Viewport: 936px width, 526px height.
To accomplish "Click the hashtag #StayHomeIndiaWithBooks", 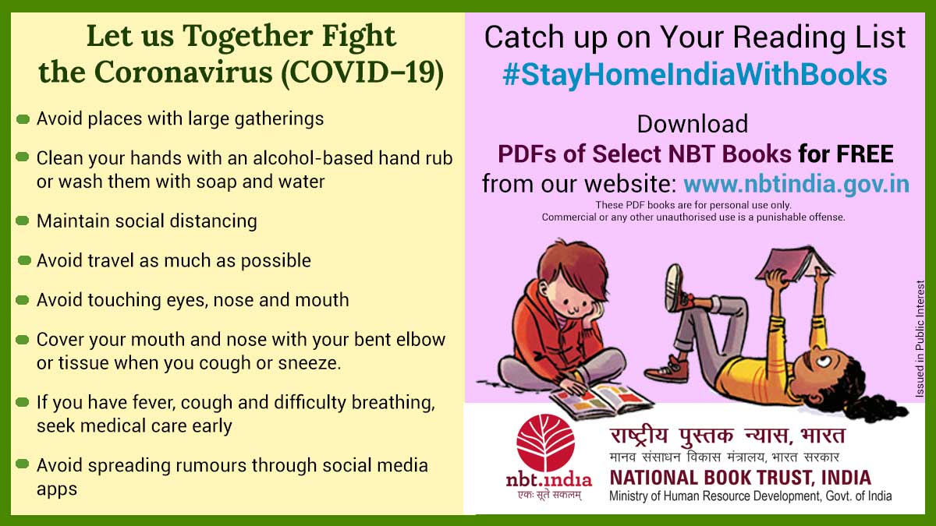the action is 694,75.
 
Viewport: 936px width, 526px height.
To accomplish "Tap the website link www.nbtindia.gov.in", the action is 796,184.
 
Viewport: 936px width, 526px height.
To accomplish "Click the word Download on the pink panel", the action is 693,124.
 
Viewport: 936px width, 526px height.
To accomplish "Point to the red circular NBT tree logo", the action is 545,443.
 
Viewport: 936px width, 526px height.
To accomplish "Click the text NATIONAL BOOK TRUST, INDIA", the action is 740,478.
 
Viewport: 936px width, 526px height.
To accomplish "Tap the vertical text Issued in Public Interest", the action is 920,338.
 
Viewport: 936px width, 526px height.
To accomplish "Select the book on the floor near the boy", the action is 601,400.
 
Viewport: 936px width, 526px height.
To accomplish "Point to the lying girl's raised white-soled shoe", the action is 674,288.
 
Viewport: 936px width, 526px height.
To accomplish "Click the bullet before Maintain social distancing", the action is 23,221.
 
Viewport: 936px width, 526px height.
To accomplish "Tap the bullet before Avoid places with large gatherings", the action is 23,119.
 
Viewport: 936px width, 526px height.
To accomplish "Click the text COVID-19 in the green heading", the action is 362,72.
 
